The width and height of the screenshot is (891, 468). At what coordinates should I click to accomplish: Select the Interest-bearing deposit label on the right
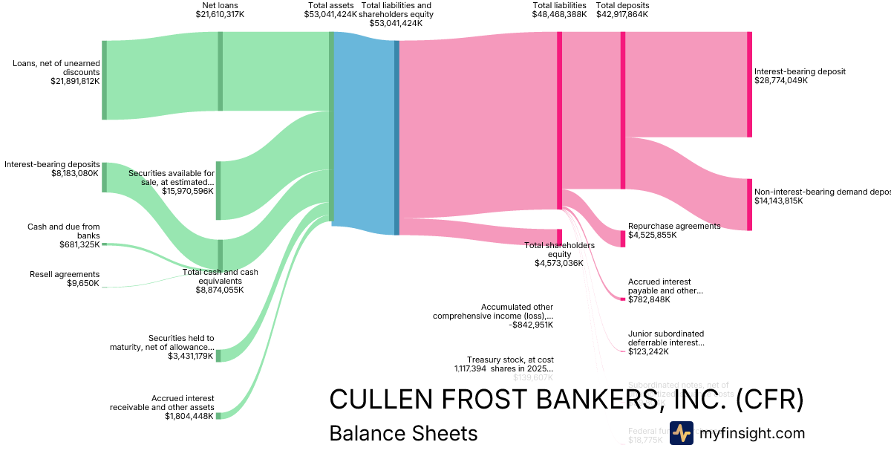800,71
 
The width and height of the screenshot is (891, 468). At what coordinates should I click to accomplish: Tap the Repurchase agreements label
673,226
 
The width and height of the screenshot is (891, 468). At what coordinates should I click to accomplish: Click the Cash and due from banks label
63,231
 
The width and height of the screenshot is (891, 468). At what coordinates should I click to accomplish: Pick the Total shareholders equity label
559,250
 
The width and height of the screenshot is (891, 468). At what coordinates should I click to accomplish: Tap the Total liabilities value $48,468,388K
559,14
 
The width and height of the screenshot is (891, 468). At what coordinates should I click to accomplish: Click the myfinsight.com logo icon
681,433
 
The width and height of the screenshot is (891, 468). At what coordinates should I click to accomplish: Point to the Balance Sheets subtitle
403,433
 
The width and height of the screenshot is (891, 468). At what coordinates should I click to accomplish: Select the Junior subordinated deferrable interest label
665,338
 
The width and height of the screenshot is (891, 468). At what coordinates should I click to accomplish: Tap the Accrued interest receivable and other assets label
162,403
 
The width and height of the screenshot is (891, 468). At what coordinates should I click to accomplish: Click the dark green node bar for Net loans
220,71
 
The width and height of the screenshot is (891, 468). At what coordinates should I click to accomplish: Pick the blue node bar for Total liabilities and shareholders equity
396,137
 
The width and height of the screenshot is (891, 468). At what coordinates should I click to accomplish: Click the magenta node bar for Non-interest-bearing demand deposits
749,204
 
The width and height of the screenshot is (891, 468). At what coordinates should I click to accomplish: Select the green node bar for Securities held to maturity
218,354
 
